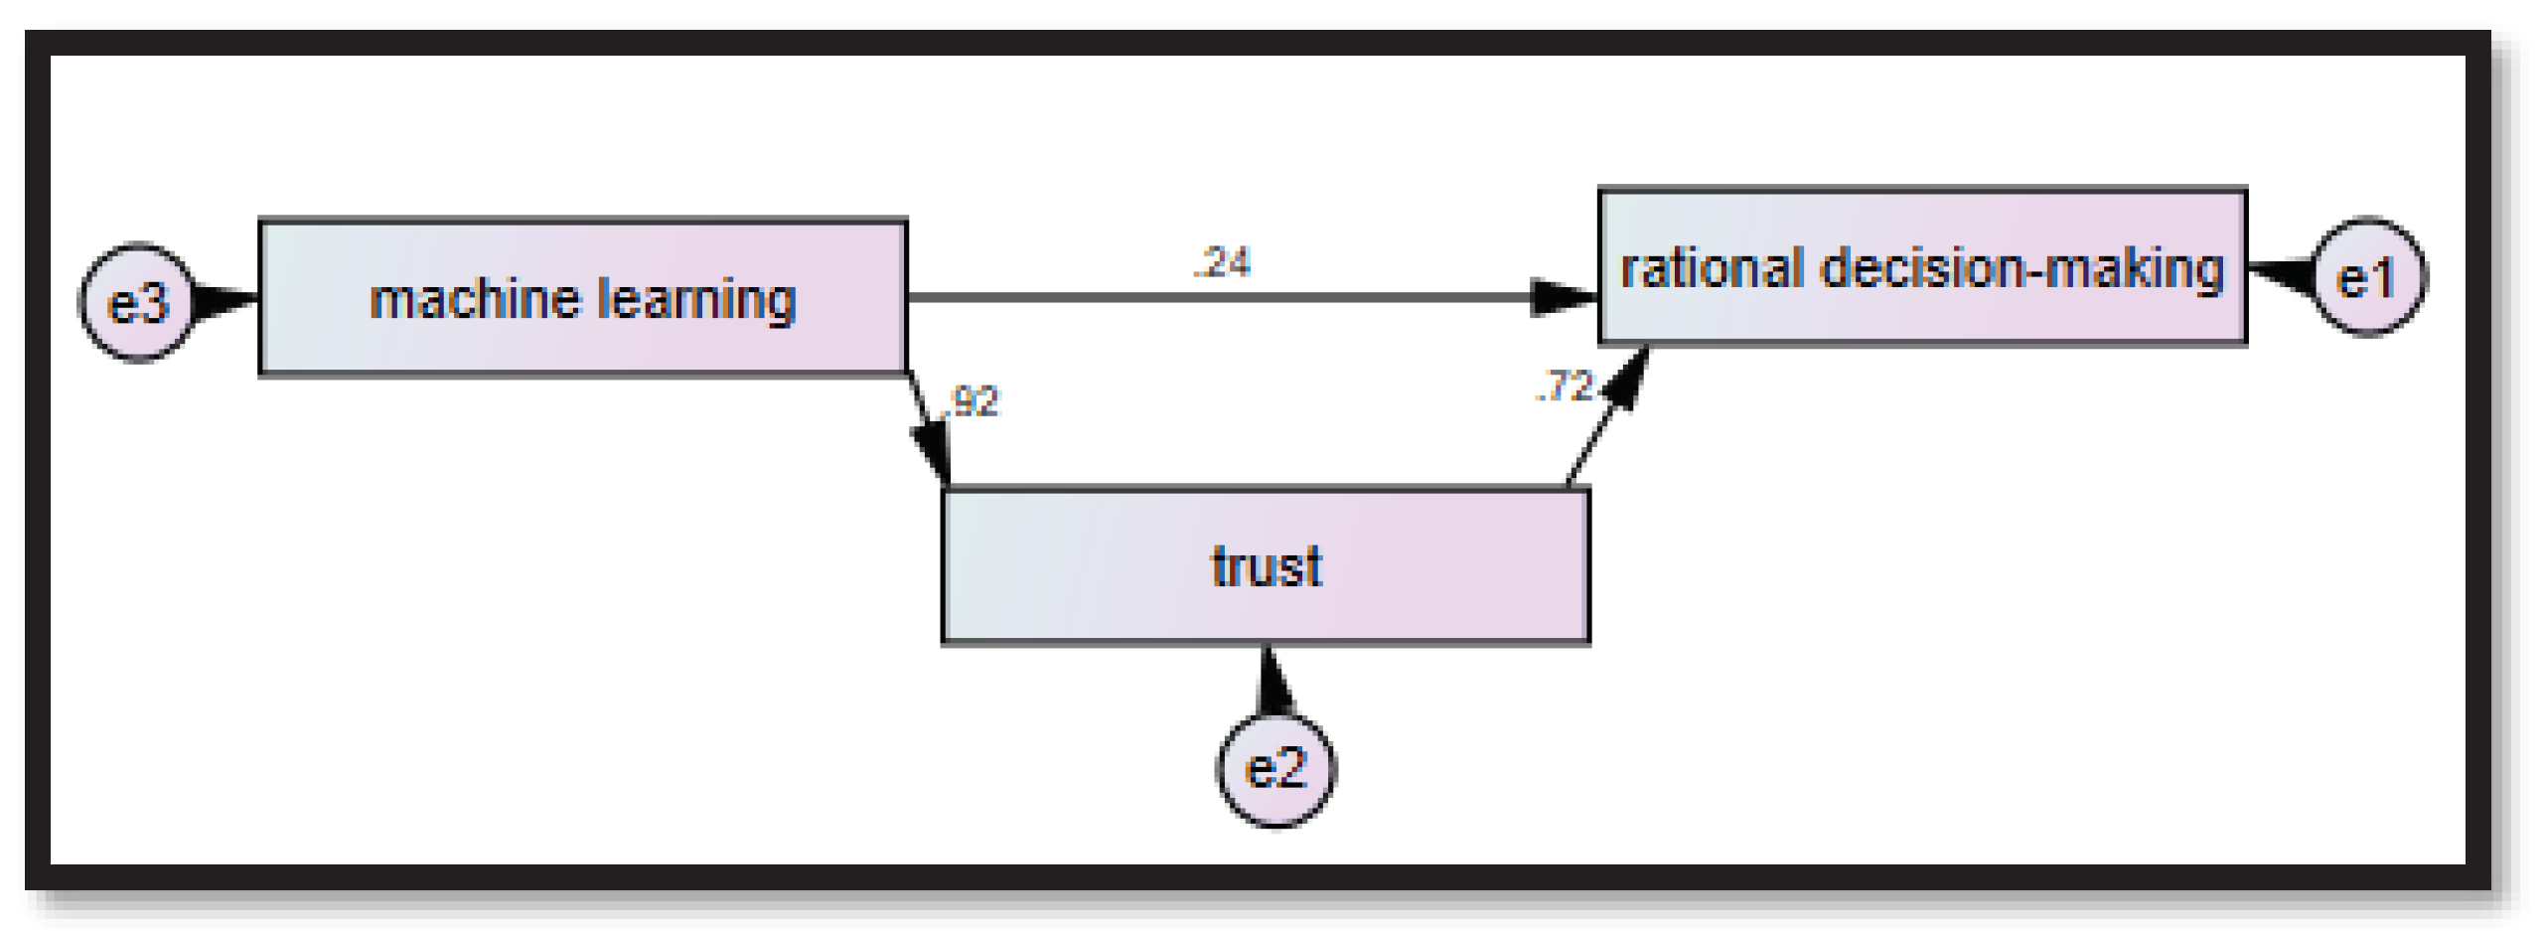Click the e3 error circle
(x=137, y=302)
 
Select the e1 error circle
(x=2368, y=277)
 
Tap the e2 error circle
(x=1275, y=768)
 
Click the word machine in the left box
(x=474, y=299)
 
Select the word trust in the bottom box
(x=1266, y=566)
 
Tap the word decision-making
(x=2021, y=269)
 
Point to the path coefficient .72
(x=1564, y=386)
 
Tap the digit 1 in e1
(x=2384, y=278)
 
